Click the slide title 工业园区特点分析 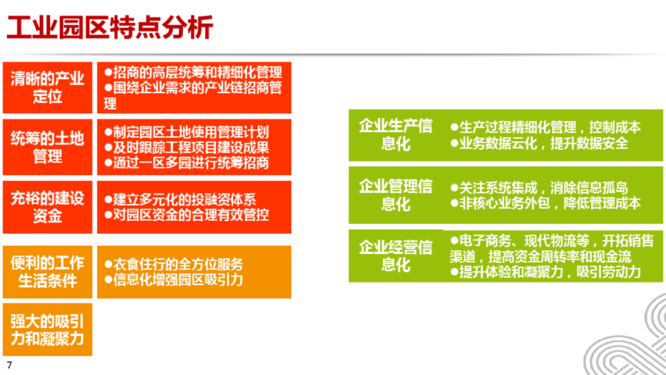point(110,28)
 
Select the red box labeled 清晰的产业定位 point(47,88)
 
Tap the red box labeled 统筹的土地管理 point(47,146)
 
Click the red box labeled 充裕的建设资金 point(47,207)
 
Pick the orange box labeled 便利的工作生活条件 point(47,272)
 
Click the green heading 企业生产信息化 point(395,135)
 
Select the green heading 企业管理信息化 point(395,195)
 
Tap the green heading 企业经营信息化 point(395,256)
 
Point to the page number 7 point(9,364)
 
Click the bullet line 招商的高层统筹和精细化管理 point(193,72)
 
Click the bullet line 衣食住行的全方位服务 point(173,264)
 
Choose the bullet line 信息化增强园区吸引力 point(173,279)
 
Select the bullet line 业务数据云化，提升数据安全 point(539,143)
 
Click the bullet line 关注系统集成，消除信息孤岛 point(539,188)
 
